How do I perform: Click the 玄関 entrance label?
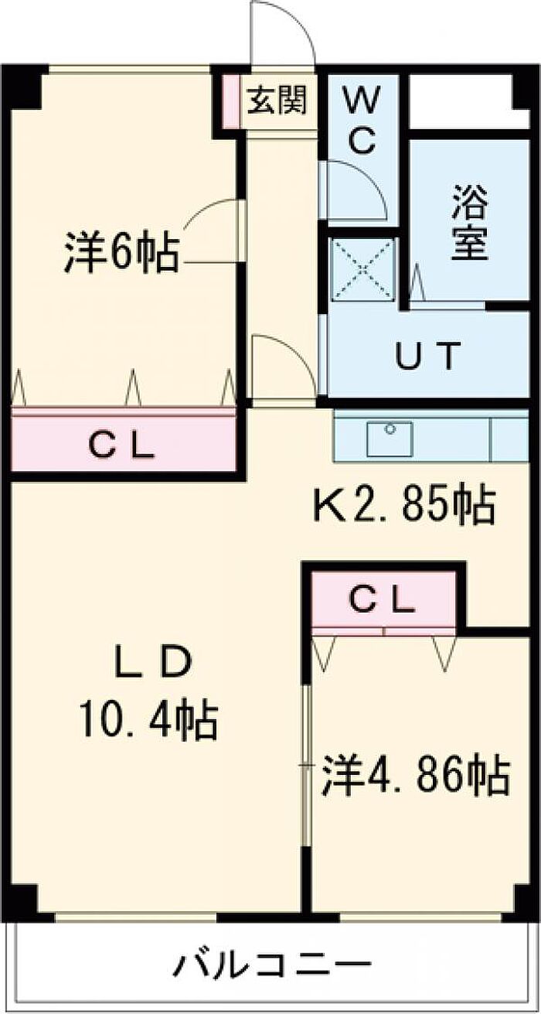pos(277,101)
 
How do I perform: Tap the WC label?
pos(359,120)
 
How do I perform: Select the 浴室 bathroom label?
pos(470,225)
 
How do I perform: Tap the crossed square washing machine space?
pos(362,268)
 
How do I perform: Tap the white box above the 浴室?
pos(461,101)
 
